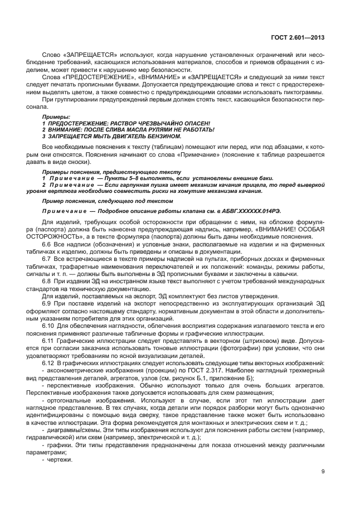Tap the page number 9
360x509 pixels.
click(x=323, y=472)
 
